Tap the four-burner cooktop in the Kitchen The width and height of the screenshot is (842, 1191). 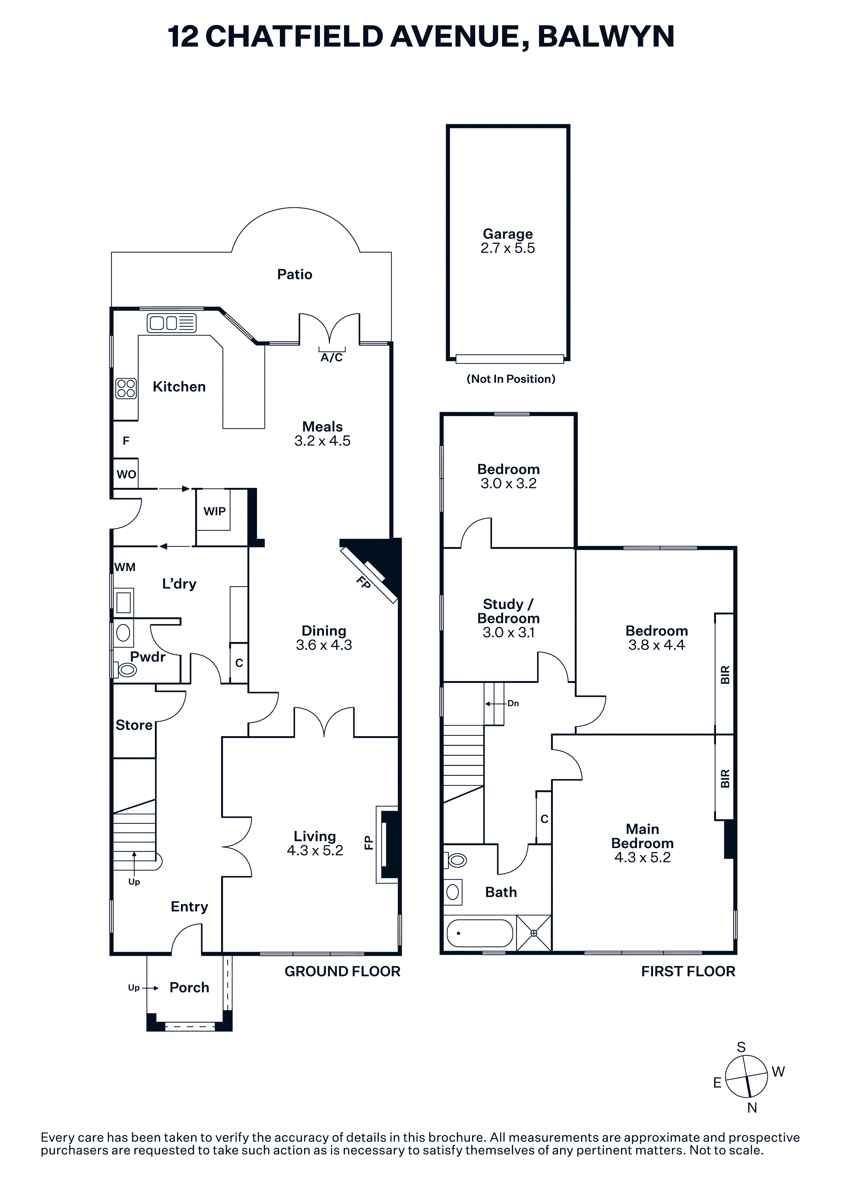pos(126,388)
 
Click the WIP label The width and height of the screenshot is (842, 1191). pos(214,511)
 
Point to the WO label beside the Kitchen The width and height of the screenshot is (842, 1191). pos(126,474)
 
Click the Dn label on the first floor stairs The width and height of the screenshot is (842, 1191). pos(513,703)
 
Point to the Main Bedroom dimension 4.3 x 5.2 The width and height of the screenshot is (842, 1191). pos(642,857)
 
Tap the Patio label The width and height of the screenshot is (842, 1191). pos(295,274)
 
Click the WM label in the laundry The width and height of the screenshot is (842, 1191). pos(125,567)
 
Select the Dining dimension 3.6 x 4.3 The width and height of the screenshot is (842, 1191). pos(324,645)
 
